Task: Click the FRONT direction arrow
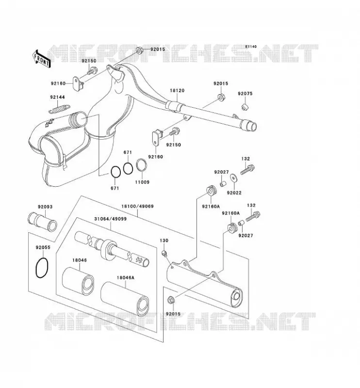(x=42, y=59)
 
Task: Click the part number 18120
(x=177, y=91)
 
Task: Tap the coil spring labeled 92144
(x=59, y=109)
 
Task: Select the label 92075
(x=245, y=94)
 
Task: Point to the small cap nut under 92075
(x=245, y=107)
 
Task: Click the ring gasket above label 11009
(x=142, y=165)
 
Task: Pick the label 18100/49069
(x=137, y=207)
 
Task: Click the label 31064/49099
(x=111, y=219)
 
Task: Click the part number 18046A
(x=126, y=278)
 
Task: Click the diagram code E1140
(x=251, y=47)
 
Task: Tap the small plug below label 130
(x=164, y=253)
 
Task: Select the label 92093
(x=45, y=207)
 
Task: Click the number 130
(x=164, y=241)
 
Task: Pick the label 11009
(x=142, y=182)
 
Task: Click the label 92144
(x=57, y=97)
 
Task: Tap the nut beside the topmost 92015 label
(x=139, y=50)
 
